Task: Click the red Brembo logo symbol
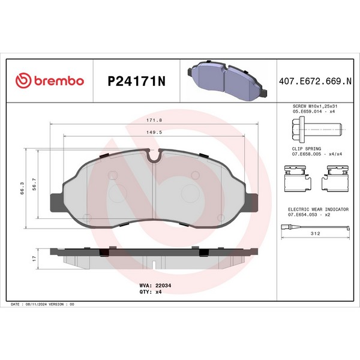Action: (x=23, y=80)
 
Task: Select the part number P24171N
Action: (x=136, y=81)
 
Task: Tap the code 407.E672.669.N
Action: (x=315, y=81)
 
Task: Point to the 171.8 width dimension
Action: (x=154, y=120)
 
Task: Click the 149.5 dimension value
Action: (x=154, y=132)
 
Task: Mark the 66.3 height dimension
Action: (x=22, y=188)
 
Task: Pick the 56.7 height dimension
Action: (x=34, y=184)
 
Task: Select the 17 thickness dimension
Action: (x=34, y=259)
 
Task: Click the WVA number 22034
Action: (x=163, y=286)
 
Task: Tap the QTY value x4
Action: (x=158, y=292)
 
